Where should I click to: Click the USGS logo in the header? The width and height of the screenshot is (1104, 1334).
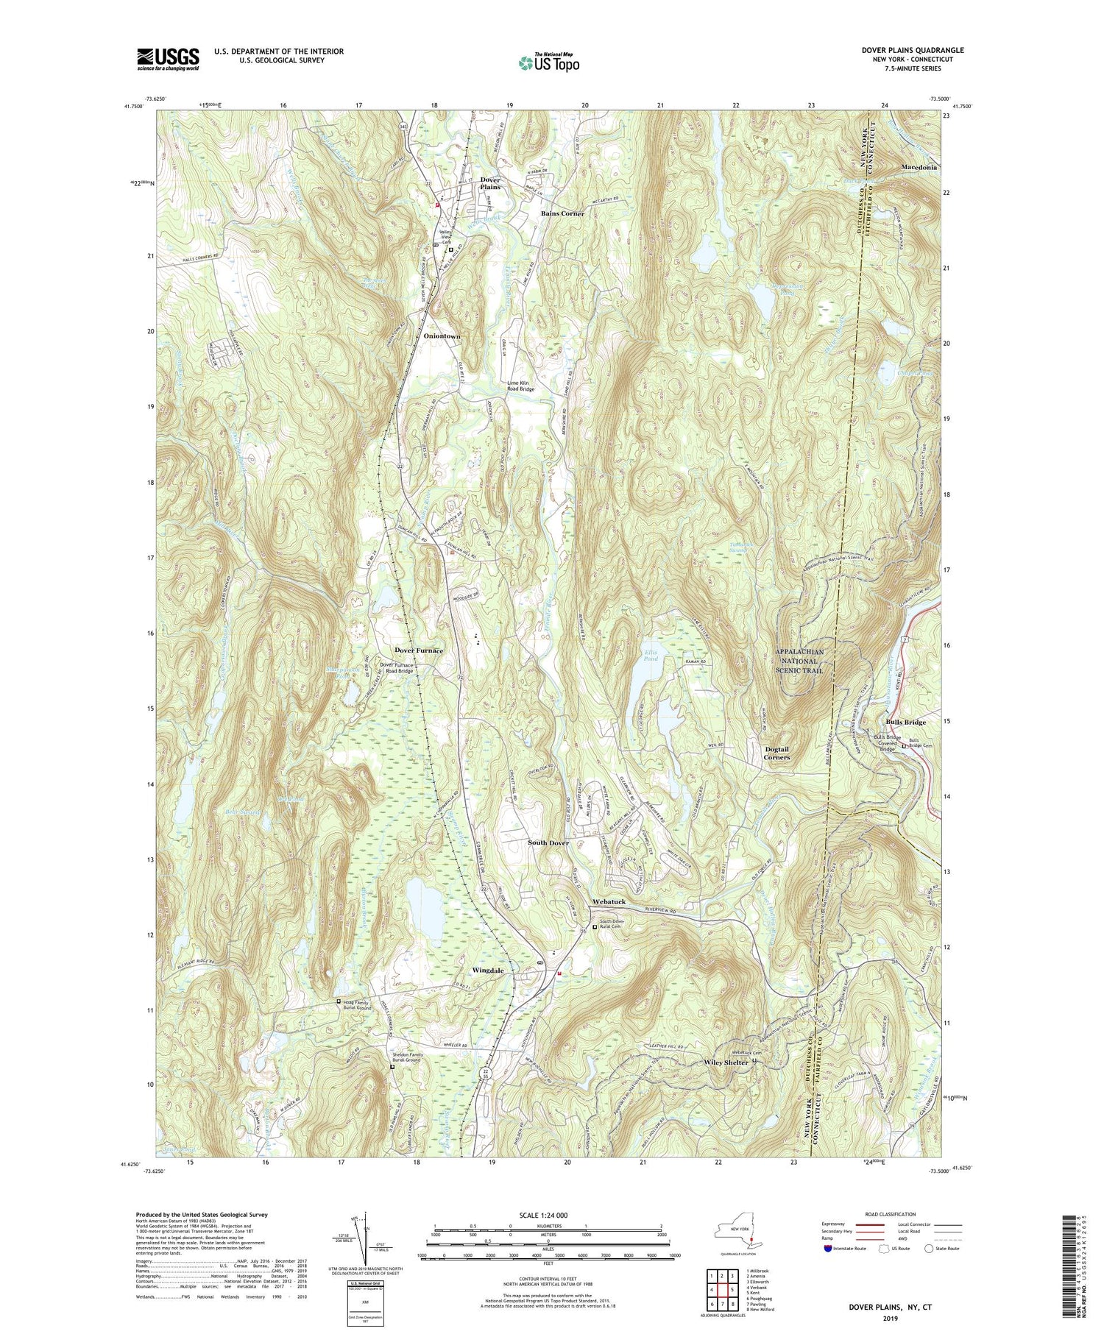(167, 59)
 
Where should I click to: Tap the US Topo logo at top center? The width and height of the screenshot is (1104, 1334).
(549, 63)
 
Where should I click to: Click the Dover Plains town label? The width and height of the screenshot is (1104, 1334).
(490, 183)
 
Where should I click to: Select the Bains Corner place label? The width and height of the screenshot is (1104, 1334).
(562, 213)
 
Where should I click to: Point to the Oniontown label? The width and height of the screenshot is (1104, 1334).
(442, 336)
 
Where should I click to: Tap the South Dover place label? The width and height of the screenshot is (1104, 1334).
(548, 842)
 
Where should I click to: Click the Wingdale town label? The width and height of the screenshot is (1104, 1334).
(487, 971)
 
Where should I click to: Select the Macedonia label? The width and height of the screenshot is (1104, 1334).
(919, 167)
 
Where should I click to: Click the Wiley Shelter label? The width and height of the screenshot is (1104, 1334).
(726, 1062)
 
